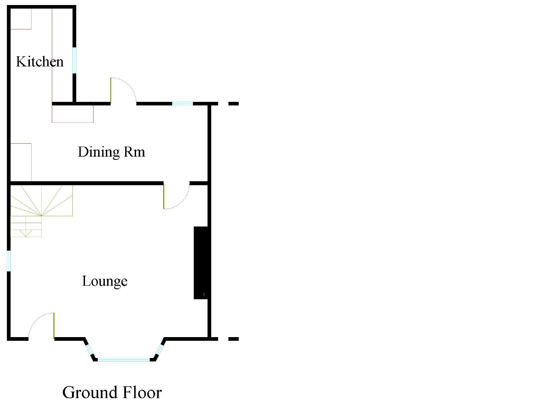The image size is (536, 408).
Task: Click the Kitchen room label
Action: (x=40, y=62)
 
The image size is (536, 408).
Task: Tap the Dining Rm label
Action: (x=111, y=152)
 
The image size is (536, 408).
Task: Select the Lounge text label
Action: (x=105, y=281)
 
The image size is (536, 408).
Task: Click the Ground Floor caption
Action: (x=112, y=392)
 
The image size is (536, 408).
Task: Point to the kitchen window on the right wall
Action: (x=74, y=60)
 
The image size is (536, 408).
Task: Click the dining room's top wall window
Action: (x=182, y=104)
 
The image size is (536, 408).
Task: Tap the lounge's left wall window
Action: (x=9, y=261)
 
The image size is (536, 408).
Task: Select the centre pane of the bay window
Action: (x=124, y=360)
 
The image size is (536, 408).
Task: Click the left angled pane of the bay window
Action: (x=90, y=350)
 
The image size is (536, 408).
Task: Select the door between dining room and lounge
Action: (x=176, y=196)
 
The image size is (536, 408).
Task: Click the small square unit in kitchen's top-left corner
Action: (x=21, y=19)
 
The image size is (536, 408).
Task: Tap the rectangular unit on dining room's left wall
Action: (x=21, y=162)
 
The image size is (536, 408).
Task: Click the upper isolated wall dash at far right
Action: (x=233, y=104)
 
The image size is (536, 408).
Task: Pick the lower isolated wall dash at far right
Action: (x=233, y=339)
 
